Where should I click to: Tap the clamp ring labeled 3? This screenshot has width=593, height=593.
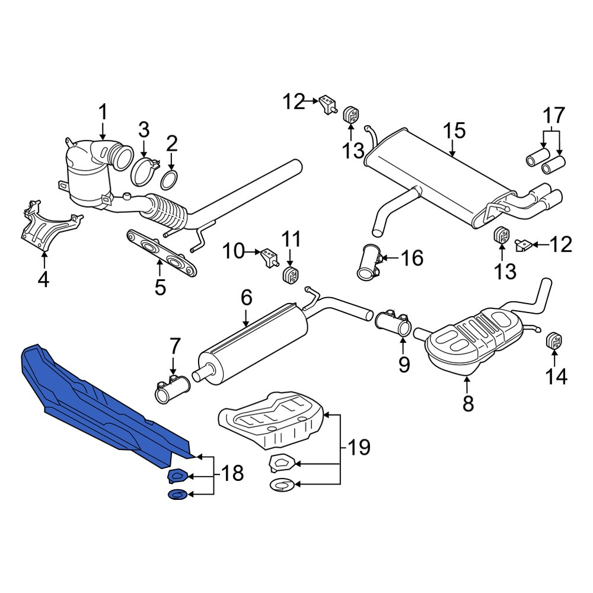145,172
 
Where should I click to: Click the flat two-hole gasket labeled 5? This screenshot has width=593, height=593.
161,253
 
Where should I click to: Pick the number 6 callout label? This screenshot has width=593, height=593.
246,298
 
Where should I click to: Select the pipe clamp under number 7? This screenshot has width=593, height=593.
173,388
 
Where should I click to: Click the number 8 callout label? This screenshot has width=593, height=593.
468,403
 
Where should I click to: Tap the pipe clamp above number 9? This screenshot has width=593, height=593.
394,322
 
